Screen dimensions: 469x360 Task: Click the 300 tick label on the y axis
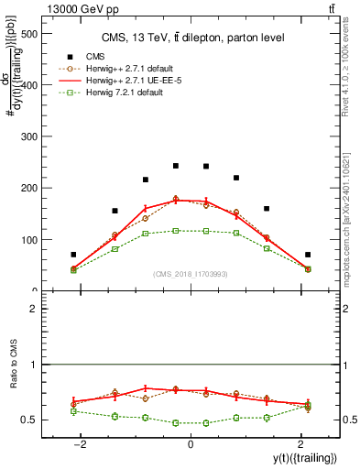click(x=33, y=137)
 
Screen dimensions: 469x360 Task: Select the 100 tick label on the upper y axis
click(x=33, y=240)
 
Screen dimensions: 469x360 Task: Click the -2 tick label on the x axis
click(x=82, y=443)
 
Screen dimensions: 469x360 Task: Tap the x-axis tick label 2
click(x=299, y=443)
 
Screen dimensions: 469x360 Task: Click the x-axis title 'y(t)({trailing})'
click(x=303, y=458)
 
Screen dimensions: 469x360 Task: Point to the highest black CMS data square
click(x=176, y=166)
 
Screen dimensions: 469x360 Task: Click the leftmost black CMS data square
click(x=73, y=255)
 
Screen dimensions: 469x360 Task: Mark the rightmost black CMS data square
click(x=308, y=255)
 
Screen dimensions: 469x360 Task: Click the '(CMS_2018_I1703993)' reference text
click(x=190, y=274)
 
